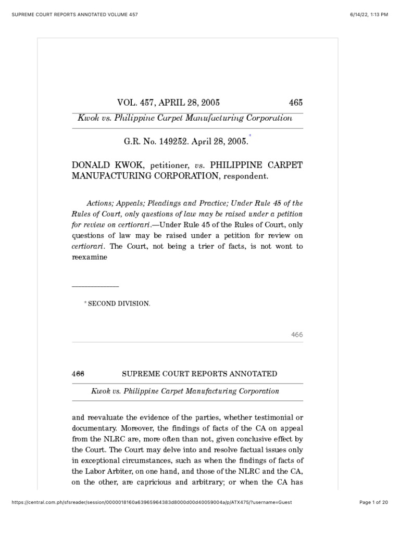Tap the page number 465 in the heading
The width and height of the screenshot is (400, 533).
click(x=295, y=103)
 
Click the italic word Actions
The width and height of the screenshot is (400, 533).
click(x=101, y=203)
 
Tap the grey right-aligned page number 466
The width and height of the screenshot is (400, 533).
click(x=296, y=335)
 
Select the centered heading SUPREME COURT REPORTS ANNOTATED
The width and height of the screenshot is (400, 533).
click(x=199, y=374)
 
